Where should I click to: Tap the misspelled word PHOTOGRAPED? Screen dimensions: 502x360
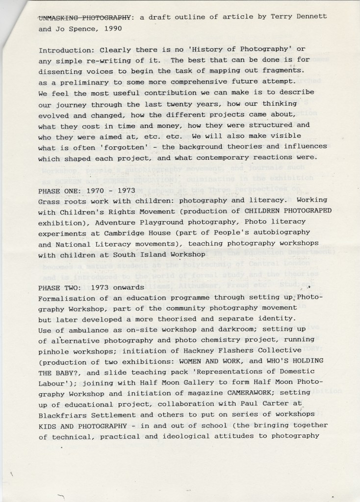pyautogui.click(x=303, y=211)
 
